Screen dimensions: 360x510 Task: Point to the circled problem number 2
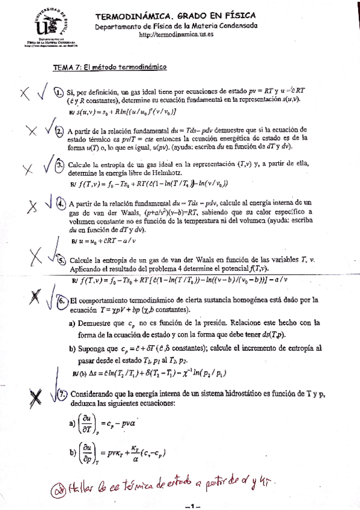59,132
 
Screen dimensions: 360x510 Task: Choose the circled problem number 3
60,165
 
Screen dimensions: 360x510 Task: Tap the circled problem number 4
61,203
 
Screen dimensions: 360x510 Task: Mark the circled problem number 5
61,260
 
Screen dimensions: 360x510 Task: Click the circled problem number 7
63,395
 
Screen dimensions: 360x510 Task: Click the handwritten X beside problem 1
25,94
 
